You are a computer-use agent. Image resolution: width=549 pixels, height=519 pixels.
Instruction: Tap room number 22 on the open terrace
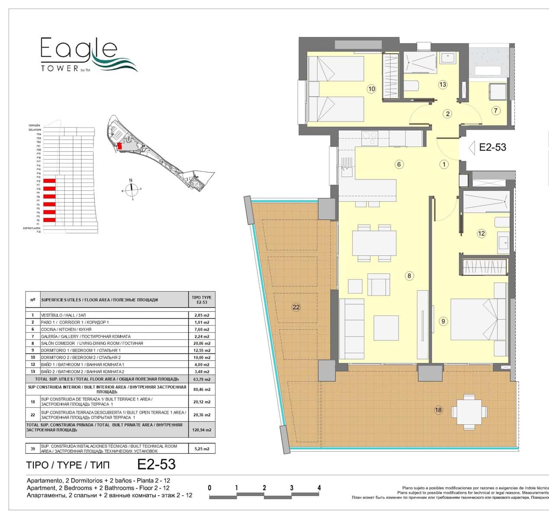296,308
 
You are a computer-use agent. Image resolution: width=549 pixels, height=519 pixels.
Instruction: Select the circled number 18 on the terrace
439,410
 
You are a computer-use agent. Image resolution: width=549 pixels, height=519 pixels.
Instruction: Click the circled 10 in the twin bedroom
371,89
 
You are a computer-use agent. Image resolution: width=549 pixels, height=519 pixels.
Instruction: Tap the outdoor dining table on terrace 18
469,411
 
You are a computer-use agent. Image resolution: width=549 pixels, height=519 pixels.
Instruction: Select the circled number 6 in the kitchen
399,164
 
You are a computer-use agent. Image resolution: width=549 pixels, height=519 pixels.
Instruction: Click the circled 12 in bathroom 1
482,234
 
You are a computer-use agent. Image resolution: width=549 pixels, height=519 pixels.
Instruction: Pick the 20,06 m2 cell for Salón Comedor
202,343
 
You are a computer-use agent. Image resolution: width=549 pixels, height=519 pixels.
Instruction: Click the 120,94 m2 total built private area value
202,430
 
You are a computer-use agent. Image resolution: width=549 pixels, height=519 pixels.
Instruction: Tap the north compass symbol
132,189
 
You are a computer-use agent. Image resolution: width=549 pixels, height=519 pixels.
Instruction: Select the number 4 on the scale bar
319,488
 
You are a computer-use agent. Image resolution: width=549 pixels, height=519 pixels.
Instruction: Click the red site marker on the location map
120,146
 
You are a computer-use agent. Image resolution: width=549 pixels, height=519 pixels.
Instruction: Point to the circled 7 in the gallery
496,110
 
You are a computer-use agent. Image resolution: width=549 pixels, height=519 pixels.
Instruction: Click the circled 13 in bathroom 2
442,85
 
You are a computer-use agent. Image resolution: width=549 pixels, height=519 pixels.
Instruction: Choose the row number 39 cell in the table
32,449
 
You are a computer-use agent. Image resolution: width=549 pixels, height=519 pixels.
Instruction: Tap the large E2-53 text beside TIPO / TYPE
156,465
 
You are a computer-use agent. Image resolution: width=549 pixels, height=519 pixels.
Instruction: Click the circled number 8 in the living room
410,276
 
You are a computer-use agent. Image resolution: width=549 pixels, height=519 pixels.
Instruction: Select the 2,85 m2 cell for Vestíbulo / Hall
202,315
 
